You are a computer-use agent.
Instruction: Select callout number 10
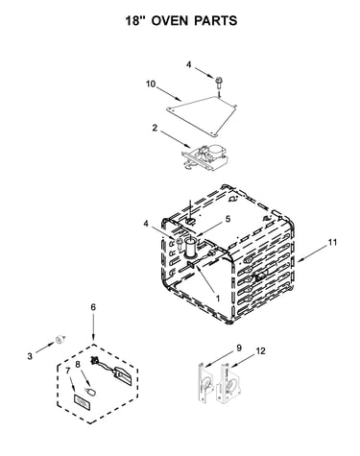(x=151, y=84)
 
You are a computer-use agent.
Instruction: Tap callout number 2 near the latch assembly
(x=155, y=128)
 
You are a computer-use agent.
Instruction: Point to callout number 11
(x=332, y=243)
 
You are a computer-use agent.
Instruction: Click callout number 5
(x=228, y=219)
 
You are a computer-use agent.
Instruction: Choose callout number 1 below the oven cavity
(x=218, y=300)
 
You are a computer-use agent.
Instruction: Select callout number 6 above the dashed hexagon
(x=93, y=307)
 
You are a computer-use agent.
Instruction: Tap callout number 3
(x=30, y=356)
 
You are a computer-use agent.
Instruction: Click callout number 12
(x=260, y=351)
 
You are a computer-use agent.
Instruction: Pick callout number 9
(x=239, y=348)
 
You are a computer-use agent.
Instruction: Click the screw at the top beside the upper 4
(x=219, y=84)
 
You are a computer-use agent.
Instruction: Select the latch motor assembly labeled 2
(x=204, y=156)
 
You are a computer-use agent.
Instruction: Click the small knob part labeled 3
(x=60, y=339)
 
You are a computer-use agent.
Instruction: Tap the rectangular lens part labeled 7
(x=82, y=402)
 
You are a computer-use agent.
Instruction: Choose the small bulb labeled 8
(x=92, y=391)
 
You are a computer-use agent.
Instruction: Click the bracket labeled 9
(x=205, y=384)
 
